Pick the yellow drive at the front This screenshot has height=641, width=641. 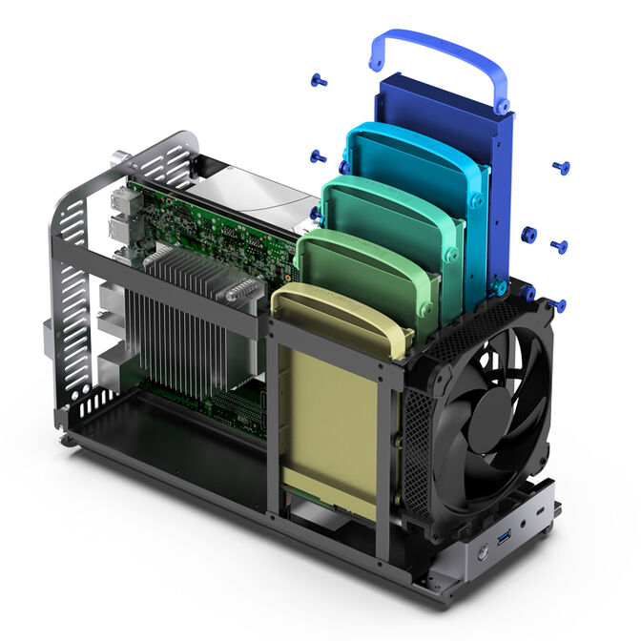coord(329,420)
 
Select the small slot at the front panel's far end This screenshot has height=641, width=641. coord(545,511)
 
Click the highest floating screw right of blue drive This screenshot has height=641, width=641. coord(561,168)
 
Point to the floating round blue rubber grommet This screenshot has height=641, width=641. coord(528,235)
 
